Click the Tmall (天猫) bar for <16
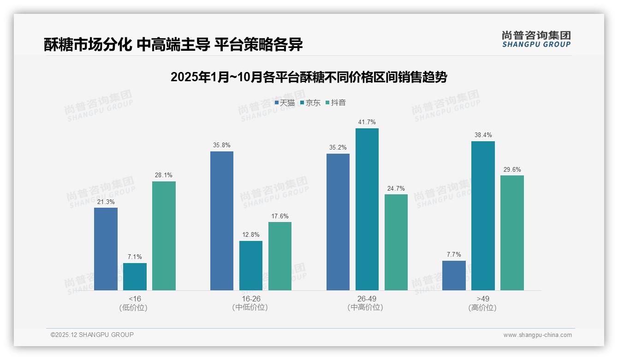[x=106, y=249]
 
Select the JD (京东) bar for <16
[x=135, y=276]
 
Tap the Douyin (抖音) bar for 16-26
[x=280, y=256]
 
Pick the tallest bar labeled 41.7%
[x=367, y=209]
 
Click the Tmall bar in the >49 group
[x=454, y=276]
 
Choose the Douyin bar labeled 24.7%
[x=396, y=242]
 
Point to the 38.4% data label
[x=483, y=135]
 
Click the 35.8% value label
[x=222, y=145]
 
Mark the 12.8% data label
[x=251, y=235]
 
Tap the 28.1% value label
[x=164, y=175]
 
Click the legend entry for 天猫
[x=285, y=103]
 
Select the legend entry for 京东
[x=310, y=103]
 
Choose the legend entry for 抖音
[x=336, y=103]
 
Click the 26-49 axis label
[x=367, y=299]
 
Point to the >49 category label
[x=483, y=299]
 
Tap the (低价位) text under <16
[x=135, y=308]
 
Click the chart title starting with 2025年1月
[x=309, y=77]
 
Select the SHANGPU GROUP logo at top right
[x=536, y=39]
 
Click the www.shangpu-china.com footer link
[x=537, y=335]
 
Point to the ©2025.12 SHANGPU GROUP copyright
[x=92, y=335]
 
